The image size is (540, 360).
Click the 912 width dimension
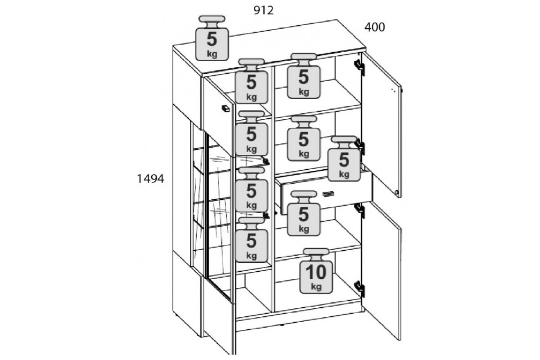(x=264, y=11)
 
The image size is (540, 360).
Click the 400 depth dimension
(x=374, y=27)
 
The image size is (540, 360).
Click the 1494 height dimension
(x=150, y=179)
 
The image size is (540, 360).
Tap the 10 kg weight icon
(x=316, y=271)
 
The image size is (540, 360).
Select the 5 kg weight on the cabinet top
(x=212, y=38)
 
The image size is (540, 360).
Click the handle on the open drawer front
(x=328, y=193)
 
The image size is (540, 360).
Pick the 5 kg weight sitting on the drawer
(x=344, y=159)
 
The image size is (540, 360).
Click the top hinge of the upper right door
(x=360, y=67)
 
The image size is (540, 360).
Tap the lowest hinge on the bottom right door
(x=360, y=289)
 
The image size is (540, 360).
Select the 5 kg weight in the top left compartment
(x=252, y=81)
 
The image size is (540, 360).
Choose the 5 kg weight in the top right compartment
(x=303, y=76)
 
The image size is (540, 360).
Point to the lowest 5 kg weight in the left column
(x=252, y=239)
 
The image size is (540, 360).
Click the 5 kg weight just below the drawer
(x=303, y=213)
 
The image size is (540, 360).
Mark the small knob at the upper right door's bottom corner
(x=396, y=193)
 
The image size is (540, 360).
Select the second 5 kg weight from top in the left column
(x=252, y=133)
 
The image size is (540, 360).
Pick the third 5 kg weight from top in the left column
(x=252, y=190)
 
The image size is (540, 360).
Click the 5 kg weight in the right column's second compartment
(x=303, y=138)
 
